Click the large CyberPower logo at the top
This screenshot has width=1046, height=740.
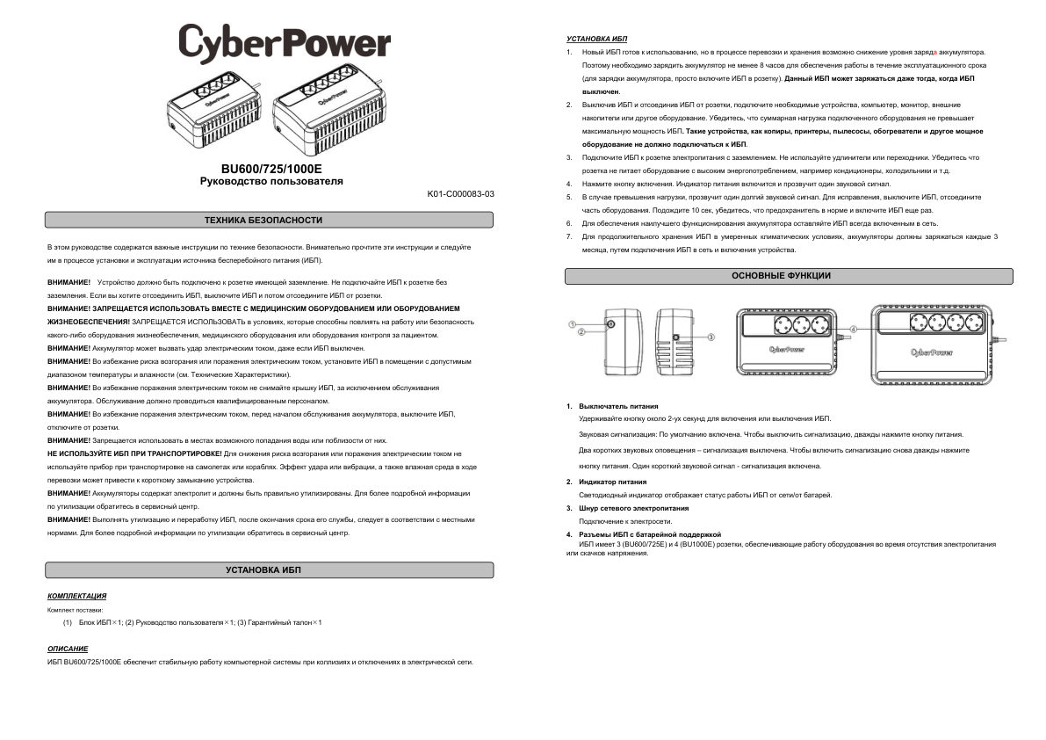click(285, 42)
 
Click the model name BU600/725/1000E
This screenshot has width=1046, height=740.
click(271, 168)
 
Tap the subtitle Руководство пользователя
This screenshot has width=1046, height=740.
click(271, 181)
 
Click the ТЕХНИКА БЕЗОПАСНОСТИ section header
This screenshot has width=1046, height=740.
click(263, 220)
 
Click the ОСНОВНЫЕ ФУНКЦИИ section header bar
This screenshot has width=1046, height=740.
click(781, 276)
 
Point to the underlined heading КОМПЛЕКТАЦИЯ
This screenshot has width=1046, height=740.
click(77, 596)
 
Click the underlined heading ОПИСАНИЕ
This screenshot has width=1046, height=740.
click(68, 649)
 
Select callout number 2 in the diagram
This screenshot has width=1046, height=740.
click(581, 331)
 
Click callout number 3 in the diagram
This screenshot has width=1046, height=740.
click(711, 337)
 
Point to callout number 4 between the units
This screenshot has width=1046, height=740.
click(854, 352)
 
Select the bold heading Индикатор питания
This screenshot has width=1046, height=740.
click(611, 482)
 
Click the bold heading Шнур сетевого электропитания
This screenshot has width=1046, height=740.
click(627, 508)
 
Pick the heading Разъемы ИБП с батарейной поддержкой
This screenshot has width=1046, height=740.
click(648, 534)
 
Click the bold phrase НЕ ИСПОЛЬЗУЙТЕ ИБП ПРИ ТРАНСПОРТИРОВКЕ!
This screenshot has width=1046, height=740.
click(134, 453)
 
